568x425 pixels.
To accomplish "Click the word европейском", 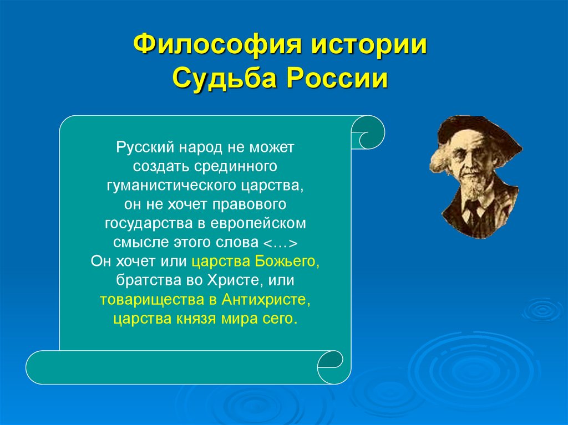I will (266, 223).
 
